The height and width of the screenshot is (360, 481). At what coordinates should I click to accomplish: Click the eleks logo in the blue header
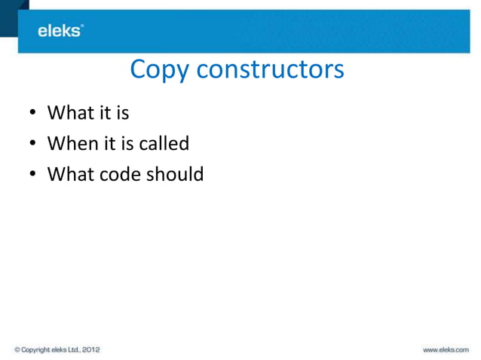pos(60,31)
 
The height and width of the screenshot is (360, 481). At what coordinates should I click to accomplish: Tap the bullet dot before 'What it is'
pos(32,115)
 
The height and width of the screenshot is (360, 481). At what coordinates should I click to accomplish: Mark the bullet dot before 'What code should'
pos(32,175)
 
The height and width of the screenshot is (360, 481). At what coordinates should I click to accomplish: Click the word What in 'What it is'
pos(67,114)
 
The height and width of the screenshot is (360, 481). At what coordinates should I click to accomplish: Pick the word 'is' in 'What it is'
pos(121,114)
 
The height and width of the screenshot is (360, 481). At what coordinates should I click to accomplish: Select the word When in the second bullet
pos(69,144)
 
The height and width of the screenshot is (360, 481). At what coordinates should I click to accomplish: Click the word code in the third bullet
pos(115,174)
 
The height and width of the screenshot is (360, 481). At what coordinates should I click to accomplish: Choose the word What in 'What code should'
pos(67,174)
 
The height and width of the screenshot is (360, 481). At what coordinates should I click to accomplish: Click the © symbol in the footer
pos(17,349)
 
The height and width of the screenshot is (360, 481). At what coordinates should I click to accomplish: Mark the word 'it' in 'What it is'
pos(101,114)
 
